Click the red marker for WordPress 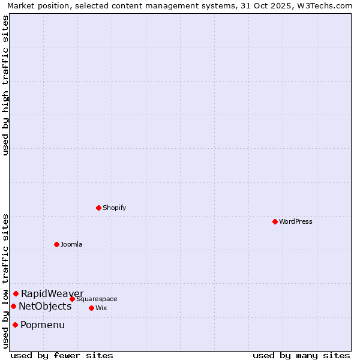pos(275,221)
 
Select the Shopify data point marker pos(98,208)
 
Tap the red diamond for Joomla pos(56,244)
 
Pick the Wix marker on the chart pos(91,308)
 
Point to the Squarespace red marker pos(72,299)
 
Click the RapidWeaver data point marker pos(16,293)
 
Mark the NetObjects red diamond pos(13,306)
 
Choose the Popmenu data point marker pos(15,325)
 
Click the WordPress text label pos(296,221)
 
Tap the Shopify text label pos(115,208)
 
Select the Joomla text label pos(71,244)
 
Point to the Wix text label pos(101,308)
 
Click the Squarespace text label pos(97,299)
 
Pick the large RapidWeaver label pos(52,293)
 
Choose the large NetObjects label pos(45,306)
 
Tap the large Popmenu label pos(43,325)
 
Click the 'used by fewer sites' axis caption pos(62,355)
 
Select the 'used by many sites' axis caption pos(301,355)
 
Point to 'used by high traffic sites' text pos(5,85)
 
